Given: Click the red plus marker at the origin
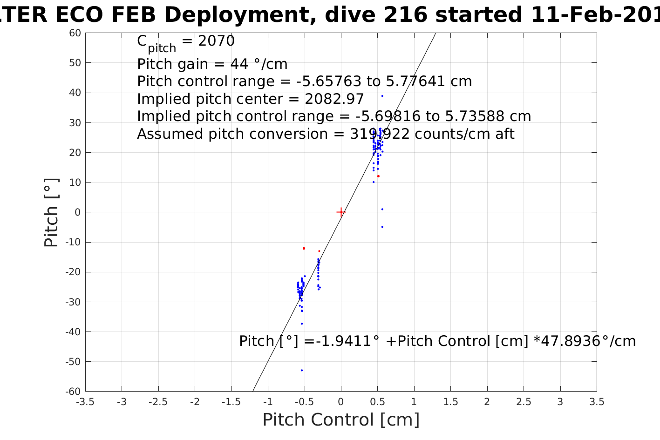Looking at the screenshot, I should click(341, 212).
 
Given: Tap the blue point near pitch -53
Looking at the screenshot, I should click(302, 370).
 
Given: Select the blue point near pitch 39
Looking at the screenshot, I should click(382, 96).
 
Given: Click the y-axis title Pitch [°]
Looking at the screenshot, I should click(51, 212).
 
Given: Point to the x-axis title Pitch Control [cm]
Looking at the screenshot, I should click(341, 420).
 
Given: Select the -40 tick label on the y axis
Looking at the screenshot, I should click(73, 332).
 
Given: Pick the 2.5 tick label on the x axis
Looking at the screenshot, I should click(524, 402).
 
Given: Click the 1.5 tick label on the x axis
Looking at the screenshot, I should click(450, 402).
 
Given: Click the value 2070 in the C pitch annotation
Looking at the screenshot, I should click(217, 41).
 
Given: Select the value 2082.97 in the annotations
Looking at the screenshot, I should click(334, 99).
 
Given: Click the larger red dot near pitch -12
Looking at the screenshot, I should click(304, 248).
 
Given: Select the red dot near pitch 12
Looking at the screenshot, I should click(378, 176).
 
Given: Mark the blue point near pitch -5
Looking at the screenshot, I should click(382, 227).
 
